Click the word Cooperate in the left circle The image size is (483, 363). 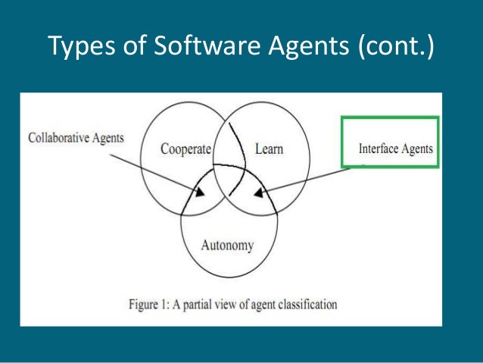click(x=185, y=150)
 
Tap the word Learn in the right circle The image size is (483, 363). click(x=269, y=150)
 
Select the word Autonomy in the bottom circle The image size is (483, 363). click(x=227, y=245)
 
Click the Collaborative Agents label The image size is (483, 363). click(x=76, y=138)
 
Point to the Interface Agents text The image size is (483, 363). click(x=395, y=149)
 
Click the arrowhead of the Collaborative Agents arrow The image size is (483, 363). click(x=199, y=192)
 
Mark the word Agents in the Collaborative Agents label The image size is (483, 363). click(x=108, y=138)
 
